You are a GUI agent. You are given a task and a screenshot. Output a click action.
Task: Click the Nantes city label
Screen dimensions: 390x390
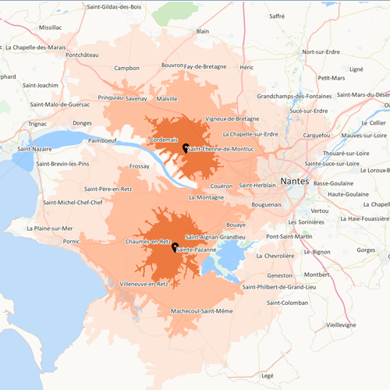[x=293, y=181]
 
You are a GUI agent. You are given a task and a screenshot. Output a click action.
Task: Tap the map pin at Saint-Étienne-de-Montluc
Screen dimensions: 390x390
[x=186, y=147]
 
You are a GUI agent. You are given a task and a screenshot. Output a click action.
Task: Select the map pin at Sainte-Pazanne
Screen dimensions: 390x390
[x=175, y=247]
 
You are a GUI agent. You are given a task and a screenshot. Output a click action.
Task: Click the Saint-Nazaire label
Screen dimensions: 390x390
[x=35, y=149]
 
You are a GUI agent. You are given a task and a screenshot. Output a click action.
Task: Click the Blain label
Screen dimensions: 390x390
[x=203, y=31]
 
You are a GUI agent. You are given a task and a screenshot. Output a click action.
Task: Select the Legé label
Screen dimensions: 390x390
[x=268, y=375]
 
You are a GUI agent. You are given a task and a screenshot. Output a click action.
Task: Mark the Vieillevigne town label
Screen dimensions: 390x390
[x=341, y=324]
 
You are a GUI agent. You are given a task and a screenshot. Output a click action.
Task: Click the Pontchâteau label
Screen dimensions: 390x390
[x=83, y=55]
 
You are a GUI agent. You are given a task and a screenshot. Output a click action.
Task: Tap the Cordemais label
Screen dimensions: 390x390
[x=164, y=140]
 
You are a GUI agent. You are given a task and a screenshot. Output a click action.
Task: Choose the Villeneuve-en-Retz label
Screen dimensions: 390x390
[x=144, y=285]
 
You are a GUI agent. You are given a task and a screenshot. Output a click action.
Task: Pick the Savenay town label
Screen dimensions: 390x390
[x=136, y=99]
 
